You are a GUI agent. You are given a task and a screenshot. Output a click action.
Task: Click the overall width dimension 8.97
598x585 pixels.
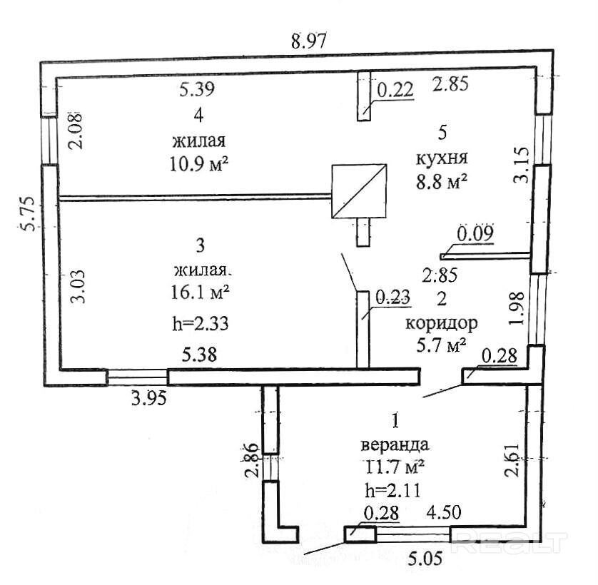click(x=308, y=41)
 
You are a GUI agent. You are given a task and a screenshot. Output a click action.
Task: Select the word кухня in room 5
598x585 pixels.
click(x=442, y=157)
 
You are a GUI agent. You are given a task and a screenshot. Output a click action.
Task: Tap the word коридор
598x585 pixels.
click(x=441, y=323)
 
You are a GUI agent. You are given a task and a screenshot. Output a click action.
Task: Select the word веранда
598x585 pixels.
click(x=395, y=444)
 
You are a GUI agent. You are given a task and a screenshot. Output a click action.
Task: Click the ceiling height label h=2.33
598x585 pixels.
click(x=200, y=322)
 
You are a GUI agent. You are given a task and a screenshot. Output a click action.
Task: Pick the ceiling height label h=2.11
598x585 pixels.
click(x=391, y=490)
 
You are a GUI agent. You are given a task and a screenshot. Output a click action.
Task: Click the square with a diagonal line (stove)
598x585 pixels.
click(x=359, y=190)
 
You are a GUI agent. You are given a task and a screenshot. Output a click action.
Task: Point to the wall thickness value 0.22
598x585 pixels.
click(x=395, y=90)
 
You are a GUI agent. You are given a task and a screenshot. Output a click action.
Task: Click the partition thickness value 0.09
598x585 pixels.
click(x=475, y=233)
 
